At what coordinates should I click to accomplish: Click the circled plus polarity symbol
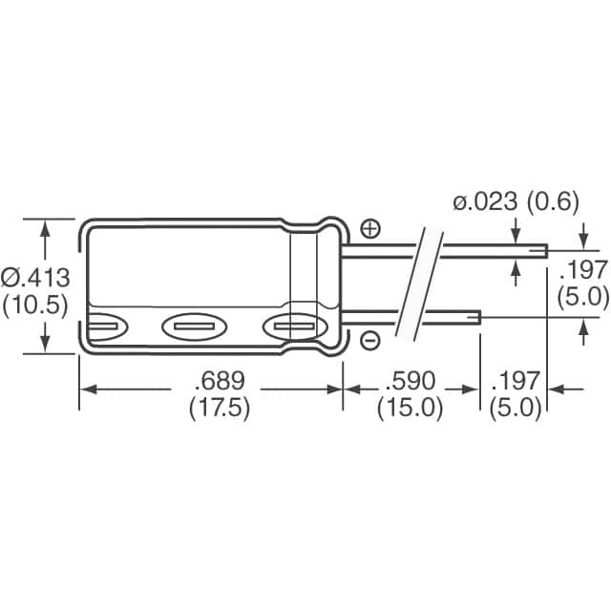[x=370, y=228]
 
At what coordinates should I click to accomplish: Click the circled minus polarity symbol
[x=370, y=340]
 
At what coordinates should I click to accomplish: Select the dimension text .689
[x=219, y=381]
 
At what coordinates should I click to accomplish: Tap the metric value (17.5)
[x=219, y=408]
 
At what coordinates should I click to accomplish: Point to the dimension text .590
[x=410, y=381]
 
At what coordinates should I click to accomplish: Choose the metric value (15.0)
[x=410, y=408]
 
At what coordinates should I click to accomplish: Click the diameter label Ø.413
[x=36, y=278]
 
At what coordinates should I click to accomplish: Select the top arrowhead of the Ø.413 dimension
[x=44, y=224]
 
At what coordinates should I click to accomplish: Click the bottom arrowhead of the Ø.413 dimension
[x=44, y=348]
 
